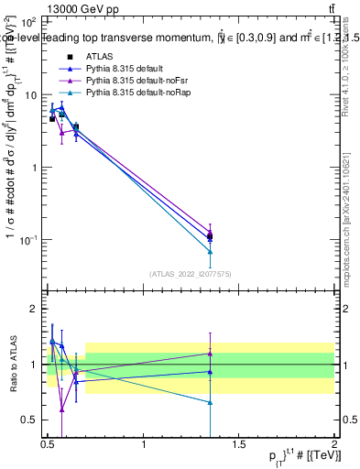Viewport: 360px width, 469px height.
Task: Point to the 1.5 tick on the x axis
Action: click(240, 453)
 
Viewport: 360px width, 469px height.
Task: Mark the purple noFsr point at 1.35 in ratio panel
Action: click(211, 353)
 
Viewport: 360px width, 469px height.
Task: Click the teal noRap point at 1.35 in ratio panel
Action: click(211, 402)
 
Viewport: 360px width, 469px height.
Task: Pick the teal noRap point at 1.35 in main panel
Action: click(211, 252)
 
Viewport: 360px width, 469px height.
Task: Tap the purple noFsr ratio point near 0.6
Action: click(61, 409)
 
